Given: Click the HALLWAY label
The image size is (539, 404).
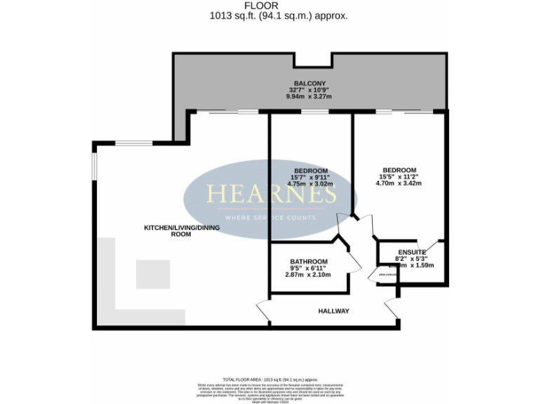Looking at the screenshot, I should click(x=333, y=311).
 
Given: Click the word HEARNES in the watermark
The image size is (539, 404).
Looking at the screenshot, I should click(x=260, y=194).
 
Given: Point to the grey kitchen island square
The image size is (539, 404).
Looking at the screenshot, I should click(x=153, y=274).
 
